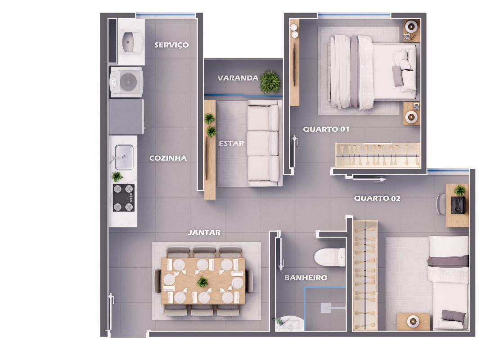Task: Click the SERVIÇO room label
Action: coord(171,45)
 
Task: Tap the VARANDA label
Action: coord(238,78)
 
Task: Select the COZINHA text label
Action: coord(168,158)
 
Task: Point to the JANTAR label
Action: coord(204,232)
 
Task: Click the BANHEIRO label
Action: coord(306,278)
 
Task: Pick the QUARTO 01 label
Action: coord(326,129)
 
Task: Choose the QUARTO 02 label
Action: coord(377,198)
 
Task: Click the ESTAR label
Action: coord(231,143)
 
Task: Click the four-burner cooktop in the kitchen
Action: coord(124,198)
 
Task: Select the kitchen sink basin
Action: coord(124,157)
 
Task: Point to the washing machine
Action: coord(126,82)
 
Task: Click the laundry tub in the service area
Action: coord(131,41)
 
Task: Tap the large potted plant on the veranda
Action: coord(270,81)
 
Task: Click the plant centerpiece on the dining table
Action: coord(202,282)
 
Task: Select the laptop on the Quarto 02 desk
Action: coord(458,205)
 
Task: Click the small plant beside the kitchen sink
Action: coord(117,176)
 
